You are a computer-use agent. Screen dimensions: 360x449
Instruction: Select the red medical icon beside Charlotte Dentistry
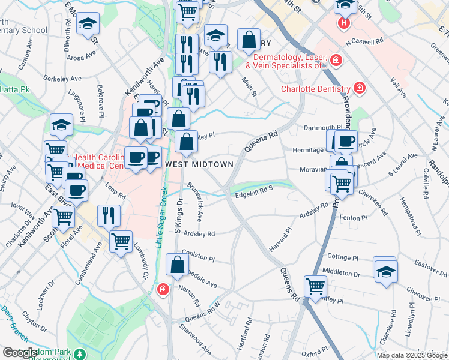pos(360,88)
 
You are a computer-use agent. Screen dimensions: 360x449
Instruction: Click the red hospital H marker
pos(343,24)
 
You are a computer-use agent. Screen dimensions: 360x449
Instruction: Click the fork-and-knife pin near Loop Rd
pos(109,215)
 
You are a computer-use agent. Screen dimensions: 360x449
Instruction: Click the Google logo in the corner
pos(20,353)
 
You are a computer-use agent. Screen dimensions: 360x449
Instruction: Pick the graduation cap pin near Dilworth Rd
pos(88,24)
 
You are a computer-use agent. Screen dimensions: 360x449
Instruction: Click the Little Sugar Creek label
pos(160,219)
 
